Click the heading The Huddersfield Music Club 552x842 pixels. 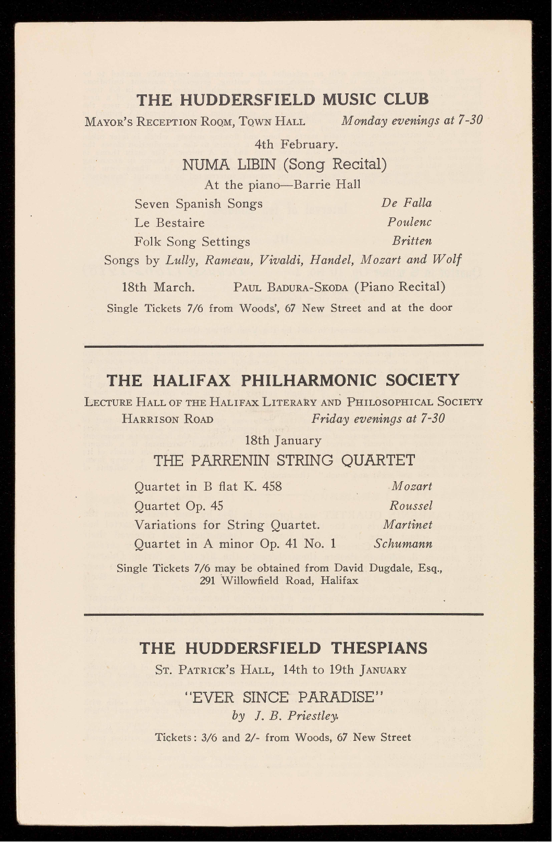283,99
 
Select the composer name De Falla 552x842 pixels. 407,203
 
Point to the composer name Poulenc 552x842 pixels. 409,222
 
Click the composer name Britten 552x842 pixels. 412,241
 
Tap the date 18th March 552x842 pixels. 158,287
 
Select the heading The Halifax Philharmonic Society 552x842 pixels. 283,380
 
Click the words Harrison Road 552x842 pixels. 167,419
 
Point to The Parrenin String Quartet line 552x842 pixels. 284,460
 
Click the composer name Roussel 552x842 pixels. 411,506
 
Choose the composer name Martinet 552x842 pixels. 408,524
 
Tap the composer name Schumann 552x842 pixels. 403,544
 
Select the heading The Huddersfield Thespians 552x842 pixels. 284,648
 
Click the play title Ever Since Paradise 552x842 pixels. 285,697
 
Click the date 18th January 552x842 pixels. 283,441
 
